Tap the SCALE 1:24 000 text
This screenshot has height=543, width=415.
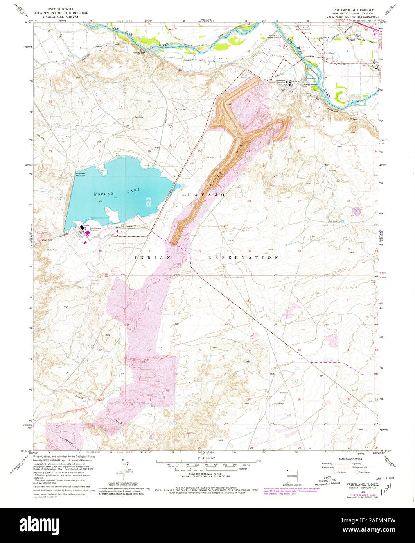click(207, 457)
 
